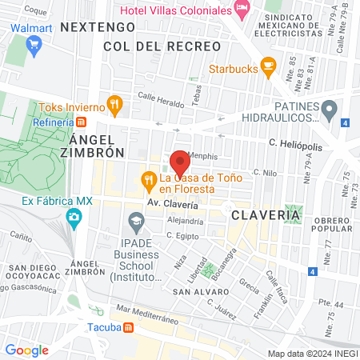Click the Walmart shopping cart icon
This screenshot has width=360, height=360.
pyautogui.click(x=34, y=45)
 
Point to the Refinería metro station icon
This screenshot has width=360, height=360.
pyautogui.click(x=81, y=122)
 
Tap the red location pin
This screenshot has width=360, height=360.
pyautogui.click(x=179, y=162)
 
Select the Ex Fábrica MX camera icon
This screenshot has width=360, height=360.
pyautogui.click(x=74, y=217)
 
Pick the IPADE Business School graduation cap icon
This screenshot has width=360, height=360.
pyautogui.click(x=135, y=218)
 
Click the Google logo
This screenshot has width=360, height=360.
pyautogui.click(x=26, y=350)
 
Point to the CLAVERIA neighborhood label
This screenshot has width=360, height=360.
pyautogui.click(x=266, y=214)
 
